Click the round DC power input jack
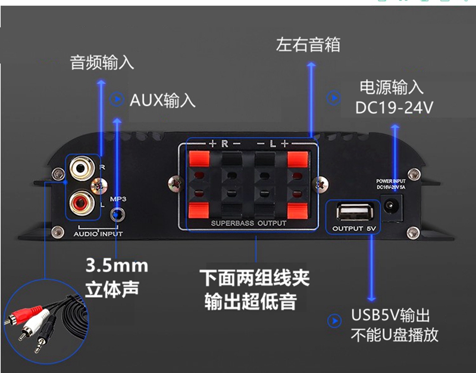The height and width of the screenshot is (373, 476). tap(393, 207)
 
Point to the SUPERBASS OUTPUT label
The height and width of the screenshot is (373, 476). tap(249, 223)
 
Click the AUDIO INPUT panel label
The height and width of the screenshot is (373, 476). tap(98, 234)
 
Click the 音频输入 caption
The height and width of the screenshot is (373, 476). tap(102, 63)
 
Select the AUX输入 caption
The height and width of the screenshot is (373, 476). tap(162, 100)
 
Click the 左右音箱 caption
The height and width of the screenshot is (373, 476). tap(308, 45)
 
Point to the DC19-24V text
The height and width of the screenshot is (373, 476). tap(394, 108)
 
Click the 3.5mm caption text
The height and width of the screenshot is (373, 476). tap(117, 265)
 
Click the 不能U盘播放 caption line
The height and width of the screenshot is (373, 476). tap(394, 335)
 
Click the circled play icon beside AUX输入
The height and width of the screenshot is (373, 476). tap(117, 99)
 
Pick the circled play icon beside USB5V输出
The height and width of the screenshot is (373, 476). tap(335, 321)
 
